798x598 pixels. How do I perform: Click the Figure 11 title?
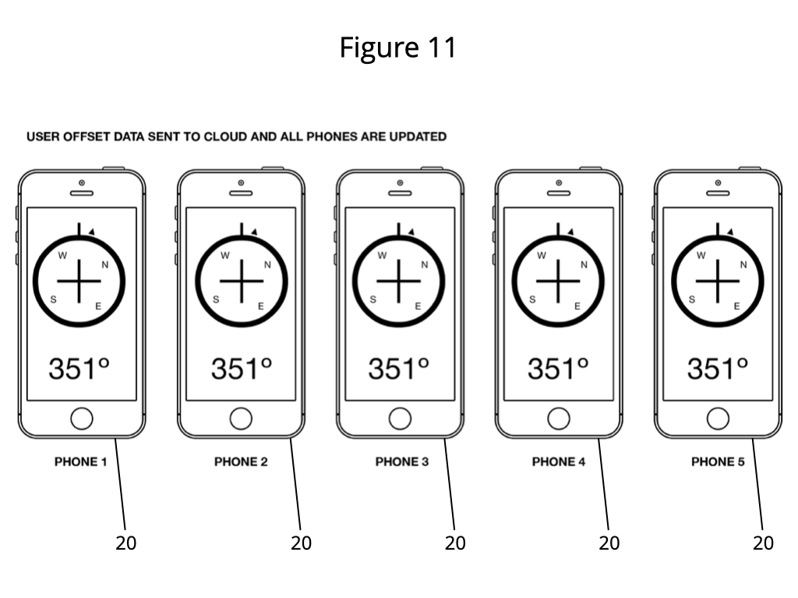(398, 47)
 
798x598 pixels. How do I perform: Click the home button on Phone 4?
(558, 419)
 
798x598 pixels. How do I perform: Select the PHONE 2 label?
(241, 462)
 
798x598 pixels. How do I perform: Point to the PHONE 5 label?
(718, 462)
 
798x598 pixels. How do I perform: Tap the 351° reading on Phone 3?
(398, 368)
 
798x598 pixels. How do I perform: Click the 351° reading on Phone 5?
(718, 368)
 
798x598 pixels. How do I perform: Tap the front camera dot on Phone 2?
(241, 182)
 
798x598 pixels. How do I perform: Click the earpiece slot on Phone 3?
(400, 193)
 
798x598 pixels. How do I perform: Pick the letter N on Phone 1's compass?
(105, 265)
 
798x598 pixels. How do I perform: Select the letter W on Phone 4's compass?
(542, 255)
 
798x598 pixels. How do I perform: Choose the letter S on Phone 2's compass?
(216, 300)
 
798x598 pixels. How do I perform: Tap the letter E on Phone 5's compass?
(736, 306)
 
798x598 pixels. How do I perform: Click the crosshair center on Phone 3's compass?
(398, 280)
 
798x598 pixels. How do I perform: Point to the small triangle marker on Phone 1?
(92, 232)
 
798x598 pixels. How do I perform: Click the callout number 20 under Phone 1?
(125, 543)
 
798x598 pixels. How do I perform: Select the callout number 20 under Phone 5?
(763, 543)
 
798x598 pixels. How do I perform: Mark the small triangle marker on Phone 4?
(570, 232)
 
